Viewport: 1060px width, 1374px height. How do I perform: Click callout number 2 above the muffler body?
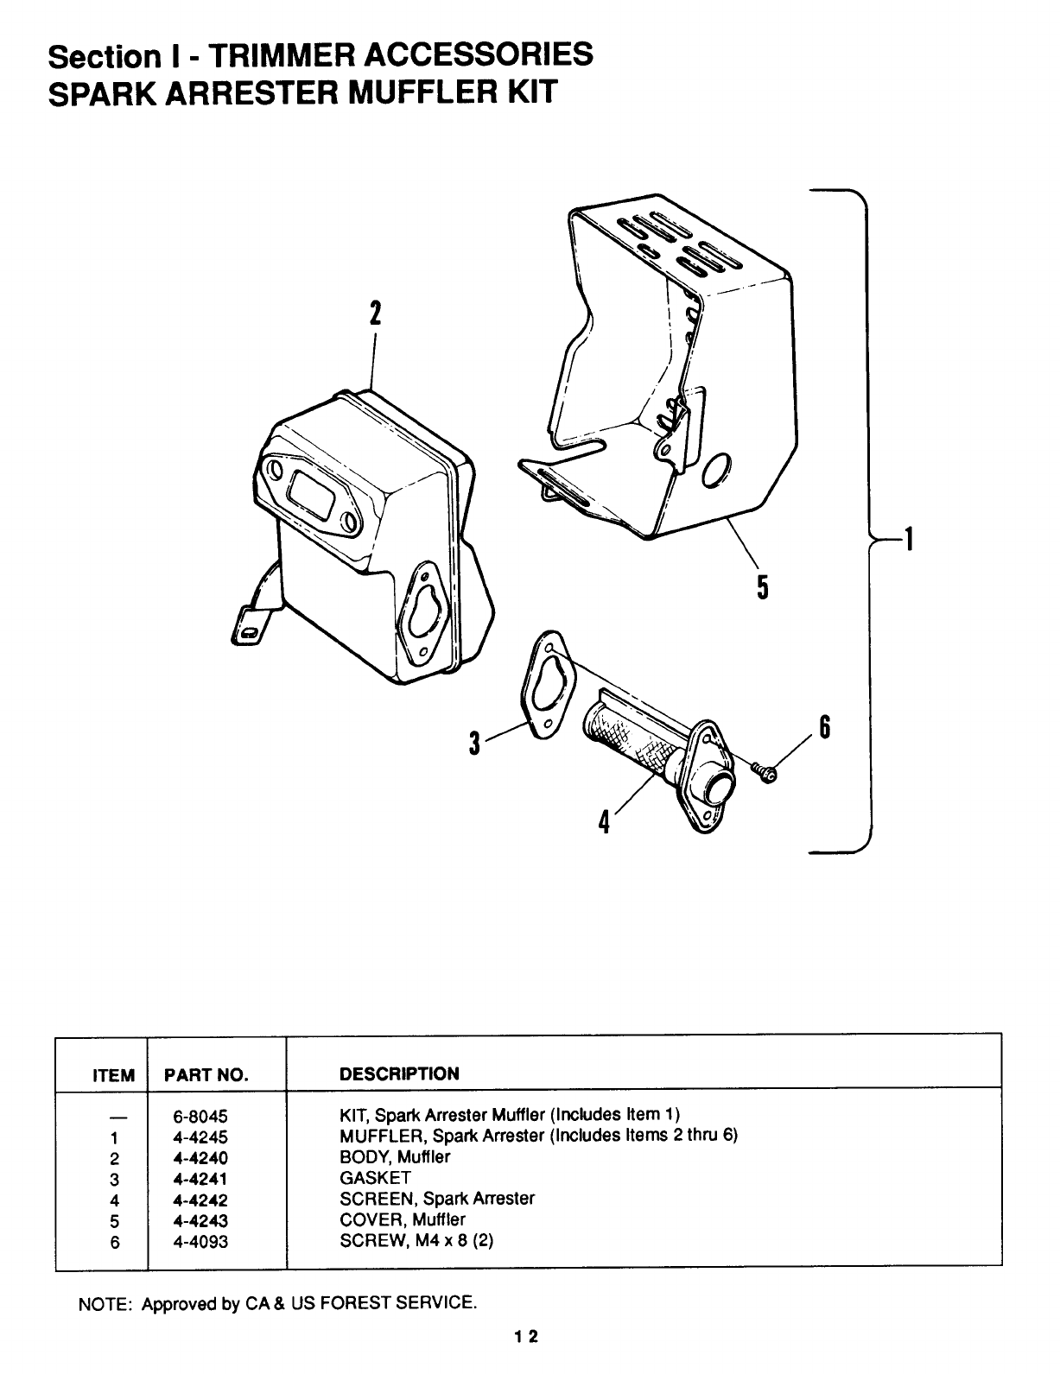374,313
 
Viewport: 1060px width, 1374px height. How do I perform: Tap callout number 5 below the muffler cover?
762,588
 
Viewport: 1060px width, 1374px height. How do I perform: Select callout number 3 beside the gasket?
474,742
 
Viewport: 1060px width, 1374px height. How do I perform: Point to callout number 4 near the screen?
605,821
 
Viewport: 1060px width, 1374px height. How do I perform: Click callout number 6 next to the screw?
824,728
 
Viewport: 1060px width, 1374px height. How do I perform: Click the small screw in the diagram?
765,771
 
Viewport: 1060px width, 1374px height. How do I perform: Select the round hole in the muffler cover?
716,472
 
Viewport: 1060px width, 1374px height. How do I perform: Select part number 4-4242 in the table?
200,1200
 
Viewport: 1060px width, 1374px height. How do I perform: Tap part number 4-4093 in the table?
200,1242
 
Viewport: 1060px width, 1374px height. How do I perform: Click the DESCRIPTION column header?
399,1074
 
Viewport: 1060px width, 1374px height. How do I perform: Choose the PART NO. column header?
206,1075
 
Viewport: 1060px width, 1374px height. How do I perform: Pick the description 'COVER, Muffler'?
403,1220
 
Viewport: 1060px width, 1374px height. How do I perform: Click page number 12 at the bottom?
526,1337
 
